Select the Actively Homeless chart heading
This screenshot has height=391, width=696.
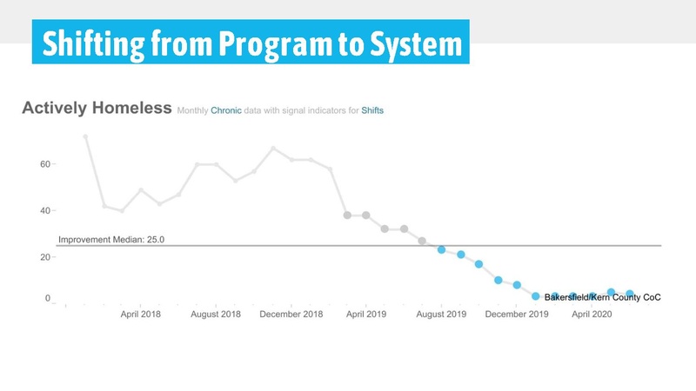coord(96,109)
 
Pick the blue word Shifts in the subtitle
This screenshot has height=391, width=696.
coord(372,111)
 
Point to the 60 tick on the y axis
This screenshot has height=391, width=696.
coord(44,163)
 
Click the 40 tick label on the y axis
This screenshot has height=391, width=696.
coord(44,210)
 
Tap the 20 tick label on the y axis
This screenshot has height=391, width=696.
coord(44,257)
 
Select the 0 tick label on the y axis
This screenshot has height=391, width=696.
coord(47,299)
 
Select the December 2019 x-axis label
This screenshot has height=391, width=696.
coord(517,314)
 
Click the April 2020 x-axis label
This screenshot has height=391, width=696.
coord(591,314)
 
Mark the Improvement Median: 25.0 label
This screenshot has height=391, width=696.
coord(111,239)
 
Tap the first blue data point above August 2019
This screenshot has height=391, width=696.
coord(441,249)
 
